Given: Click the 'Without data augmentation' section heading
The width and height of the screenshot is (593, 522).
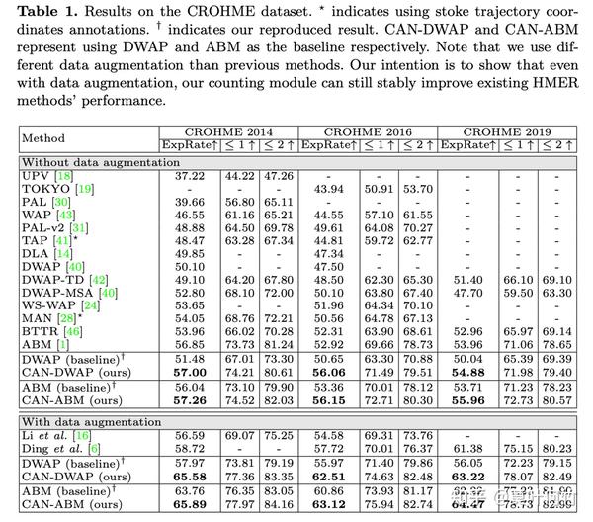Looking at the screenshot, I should point(86,161).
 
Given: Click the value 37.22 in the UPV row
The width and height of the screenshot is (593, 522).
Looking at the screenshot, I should point(189,175).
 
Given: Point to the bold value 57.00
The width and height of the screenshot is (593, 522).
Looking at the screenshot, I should point(189,370).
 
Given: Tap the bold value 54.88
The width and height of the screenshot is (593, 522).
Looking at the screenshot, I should point(463,370).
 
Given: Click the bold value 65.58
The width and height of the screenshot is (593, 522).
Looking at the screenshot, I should point(189,475).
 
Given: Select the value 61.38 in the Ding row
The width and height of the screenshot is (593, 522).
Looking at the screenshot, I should point(463,448).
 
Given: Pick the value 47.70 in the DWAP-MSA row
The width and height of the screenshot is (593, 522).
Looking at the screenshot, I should point(463,292).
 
